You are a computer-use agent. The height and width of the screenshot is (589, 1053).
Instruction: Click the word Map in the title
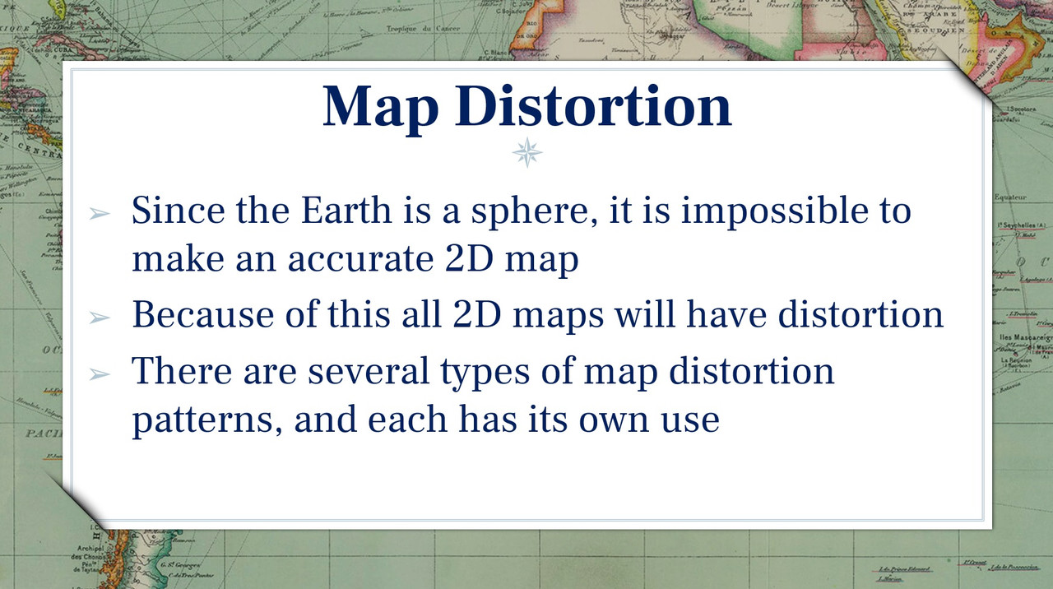pos(380,107)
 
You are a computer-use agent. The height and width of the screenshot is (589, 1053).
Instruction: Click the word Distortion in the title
pos(591,107)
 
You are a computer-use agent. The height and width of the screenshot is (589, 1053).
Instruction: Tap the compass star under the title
pos(527,153)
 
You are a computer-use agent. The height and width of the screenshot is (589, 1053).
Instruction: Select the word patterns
pos(206,421)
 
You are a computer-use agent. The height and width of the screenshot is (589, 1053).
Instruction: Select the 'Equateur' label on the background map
pos(1009,197)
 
